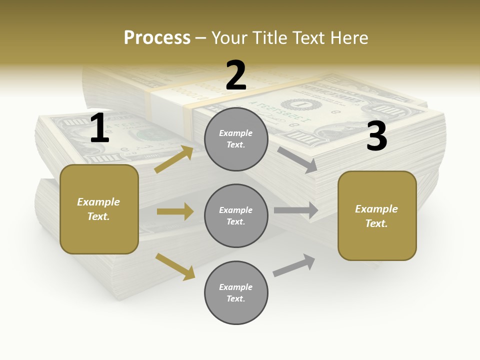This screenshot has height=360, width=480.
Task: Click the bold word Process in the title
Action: [157, 38]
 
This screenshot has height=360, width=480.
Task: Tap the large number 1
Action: [99, 128]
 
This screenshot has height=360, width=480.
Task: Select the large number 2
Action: [236, 75]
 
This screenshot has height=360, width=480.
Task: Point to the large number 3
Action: [376, 136]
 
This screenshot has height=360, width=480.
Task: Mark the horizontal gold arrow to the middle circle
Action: [175, 211]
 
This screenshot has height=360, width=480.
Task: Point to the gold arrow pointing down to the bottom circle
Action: [175, 266]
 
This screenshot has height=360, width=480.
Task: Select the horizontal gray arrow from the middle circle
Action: [295, 210]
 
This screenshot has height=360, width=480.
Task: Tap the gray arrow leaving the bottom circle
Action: [294, 265]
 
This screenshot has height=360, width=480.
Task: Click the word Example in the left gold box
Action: [98, 202]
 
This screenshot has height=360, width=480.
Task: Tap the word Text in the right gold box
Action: [376, 223]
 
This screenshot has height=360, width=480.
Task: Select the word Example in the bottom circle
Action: [236, 287]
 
